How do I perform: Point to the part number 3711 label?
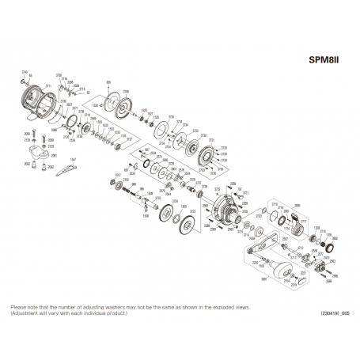[48, 85]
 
